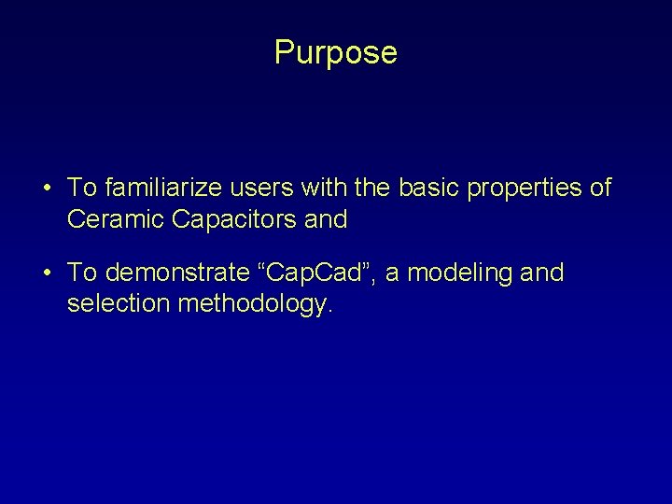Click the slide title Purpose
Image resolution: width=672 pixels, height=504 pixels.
pyautogui.click(x=336, y=52)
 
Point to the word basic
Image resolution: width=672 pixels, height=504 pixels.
pyautogui.click(x=429, y=188)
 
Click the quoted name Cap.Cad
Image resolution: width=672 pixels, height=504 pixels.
pyautogui.click(x=318, y=273)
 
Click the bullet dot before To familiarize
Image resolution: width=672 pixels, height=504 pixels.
pyautogui.click(x=46, y=189)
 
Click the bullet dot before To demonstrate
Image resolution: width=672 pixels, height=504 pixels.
pyautogui.click(x=46, y=273)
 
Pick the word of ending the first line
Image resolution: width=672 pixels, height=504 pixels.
pyautogui.click(x=600, y=188)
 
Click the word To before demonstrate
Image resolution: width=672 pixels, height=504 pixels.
pyautogui.click(x=82, y=273)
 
